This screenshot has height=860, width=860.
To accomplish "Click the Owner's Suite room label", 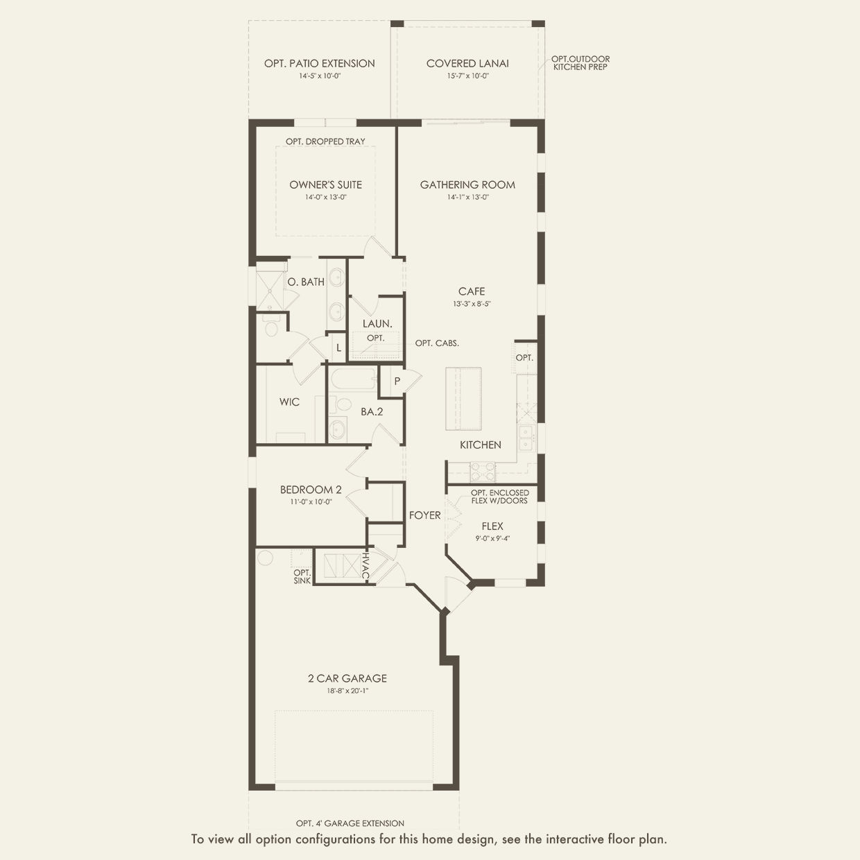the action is point(325,184).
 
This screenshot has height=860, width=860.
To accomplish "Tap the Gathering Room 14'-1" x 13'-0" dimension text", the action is point(467,197).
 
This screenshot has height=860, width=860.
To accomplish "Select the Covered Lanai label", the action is point(467,63).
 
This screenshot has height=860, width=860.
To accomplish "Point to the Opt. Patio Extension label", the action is point(320,63).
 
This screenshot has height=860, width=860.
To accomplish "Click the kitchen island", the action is point(463,399).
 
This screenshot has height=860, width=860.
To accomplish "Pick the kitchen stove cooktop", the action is point(483,472).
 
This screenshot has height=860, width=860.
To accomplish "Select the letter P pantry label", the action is point(397,381).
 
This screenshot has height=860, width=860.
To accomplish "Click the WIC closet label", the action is point(289,402).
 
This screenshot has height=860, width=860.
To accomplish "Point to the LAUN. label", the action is point(377,324).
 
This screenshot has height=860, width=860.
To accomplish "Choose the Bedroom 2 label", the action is point(311,490).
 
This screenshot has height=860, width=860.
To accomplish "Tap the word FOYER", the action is point(425,515).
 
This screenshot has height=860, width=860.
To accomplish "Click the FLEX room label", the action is point(492,526).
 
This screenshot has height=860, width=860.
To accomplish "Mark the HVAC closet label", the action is point(365,567).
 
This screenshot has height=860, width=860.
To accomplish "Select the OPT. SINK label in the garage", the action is point(302,576).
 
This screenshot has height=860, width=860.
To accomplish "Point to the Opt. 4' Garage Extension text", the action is point(350,823).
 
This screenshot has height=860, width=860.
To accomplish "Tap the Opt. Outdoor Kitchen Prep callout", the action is point(580,63).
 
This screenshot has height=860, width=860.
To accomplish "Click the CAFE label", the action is point(472,291).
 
